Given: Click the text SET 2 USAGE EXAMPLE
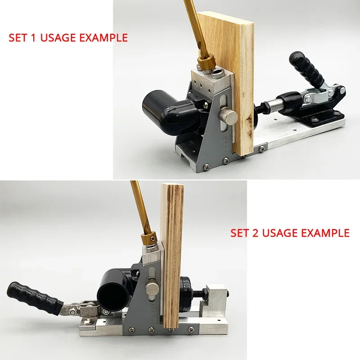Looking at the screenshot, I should point(290,233).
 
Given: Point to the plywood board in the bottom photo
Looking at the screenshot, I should point(173,252).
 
